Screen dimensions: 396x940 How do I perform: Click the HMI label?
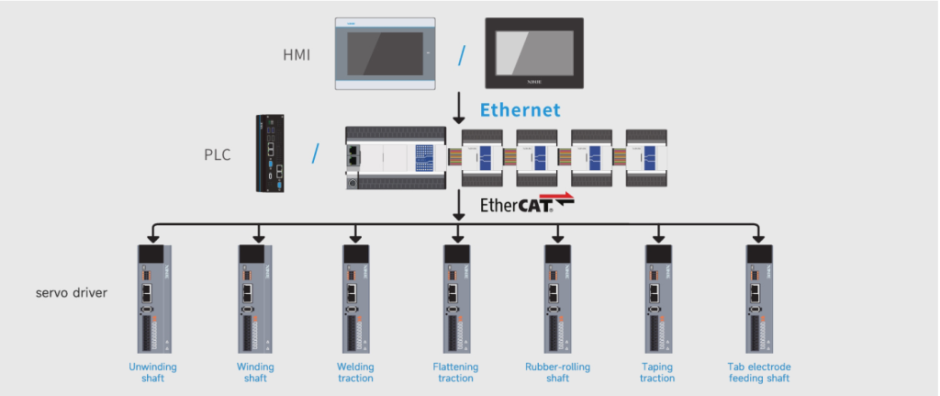tap(297, 55)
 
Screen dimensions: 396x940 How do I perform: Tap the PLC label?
tap(218, 154)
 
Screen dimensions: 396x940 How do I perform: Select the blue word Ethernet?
tap(520, 110)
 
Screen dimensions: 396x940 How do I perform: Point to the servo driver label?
tap(73, 294)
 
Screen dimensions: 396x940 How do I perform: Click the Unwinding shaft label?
tap(152, 372)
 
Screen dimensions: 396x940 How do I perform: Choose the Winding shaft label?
tap(254, 372)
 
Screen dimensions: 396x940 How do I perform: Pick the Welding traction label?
tap(355, 372)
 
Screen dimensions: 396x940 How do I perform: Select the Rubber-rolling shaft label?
tap(557, 372)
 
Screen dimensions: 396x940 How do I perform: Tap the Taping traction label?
tap(657, 372)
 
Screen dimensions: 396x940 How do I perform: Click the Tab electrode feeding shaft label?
tap(758, 372)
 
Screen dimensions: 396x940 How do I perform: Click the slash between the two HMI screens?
tap(462, 55)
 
